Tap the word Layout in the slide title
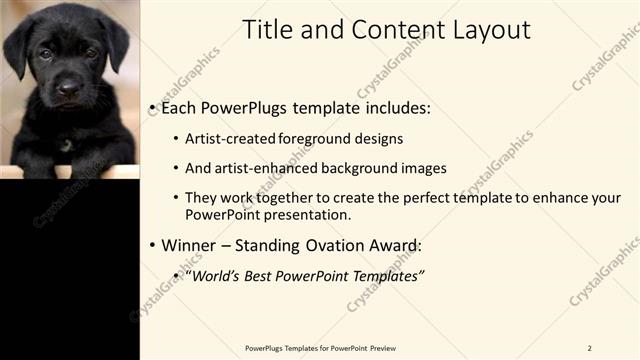(484, 30)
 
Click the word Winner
(189, 245)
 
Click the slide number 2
(589, 348)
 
